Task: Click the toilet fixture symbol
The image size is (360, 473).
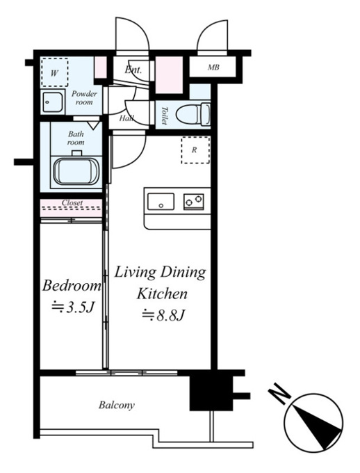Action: [x=193, y=114]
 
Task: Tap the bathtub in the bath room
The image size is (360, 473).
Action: [x=76, y=171]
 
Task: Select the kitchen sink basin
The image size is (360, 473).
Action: [x=161, y=202]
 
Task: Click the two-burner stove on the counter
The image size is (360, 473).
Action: [x=194, y=202]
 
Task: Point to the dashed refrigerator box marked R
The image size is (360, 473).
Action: [x=195, y=150]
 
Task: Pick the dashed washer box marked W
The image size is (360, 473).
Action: [x=55, y=72]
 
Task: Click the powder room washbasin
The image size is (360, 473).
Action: [x=52, y=102]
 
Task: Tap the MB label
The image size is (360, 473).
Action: [x=213, y=67]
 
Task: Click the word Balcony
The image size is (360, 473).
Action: [x=117, y=405]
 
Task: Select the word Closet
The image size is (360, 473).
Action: [x=72, y=202]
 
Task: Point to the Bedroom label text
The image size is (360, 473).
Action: [x=72, y=286]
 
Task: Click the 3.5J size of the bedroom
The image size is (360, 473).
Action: [x=72, y=307]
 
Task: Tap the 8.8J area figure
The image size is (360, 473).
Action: [x=163, y=315]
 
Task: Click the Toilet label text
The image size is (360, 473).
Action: [x=164, y=115]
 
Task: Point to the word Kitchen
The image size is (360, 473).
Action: [x=162, y=294]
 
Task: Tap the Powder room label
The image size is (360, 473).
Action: [x=84, y=98]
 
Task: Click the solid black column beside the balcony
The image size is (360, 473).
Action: [x=211, y=390]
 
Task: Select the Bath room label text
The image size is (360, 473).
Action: [x=76, y=138]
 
